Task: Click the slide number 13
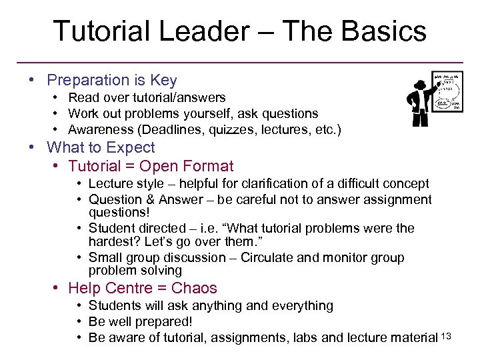click(x=446, y=336)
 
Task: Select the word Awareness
click(x=99, y=130)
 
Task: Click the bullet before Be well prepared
click(x=79, y=322)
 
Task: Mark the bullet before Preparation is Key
click(x=32, y=81)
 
